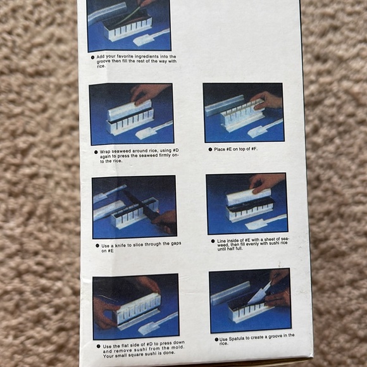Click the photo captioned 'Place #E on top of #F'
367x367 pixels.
pos(244,112)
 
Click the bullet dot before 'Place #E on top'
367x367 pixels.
pos(209,149)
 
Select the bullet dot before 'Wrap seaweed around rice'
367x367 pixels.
pos(95,152)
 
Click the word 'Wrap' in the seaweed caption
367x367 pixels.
pos(106,152)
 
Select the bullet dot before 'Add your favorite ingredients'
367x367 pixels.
pos(93,56)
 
